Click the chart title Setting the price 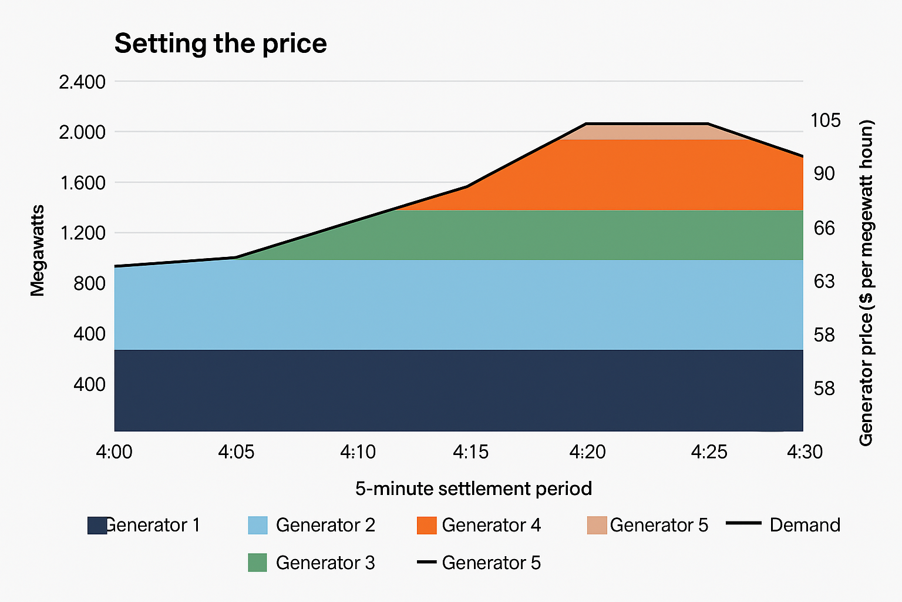220,44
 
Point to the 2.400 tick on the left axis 82,82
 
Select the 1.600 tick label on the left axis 83,183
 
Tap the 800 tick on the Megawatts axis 89,283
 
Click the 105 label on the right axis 826,120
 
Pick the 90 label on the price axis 824,174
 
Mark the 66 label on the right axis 824,228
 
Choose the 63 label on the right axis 824,281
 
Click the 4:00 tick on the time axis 114,452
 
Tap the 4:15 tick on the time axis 471,452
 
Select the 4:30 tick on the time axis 805,452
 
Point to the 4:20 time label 587,452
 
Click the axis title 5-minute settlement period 473,489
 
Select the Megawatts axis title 37,251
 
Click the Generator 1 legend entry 144,526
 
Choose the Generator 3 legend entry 311,563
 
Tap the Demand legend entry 783,525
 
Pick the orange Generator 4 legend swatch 427,526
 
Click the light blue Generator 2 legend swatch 258,526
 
